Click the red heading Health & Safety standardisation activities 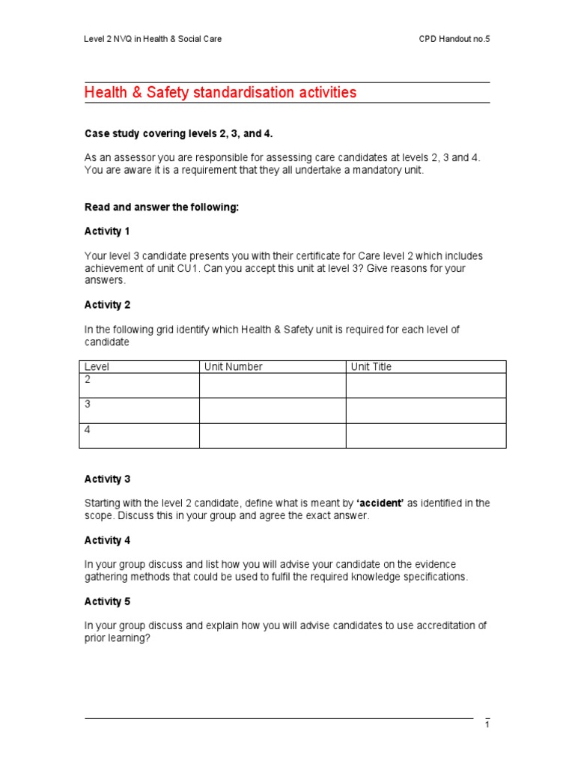tap(220, 93)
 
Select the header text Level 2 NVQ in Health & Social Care tap(153, 39)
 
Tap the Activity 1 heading tap(107, 231)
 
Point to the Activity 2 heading tap(107, 305)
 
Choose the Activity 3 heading tap(107, 479)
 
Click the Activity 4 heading tap(107, 540)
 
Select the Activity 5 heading tap(107, 601)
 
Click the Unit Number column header tap(234, 367)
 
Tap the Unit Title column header tap(371, 367)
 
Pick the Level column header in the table tap(97, 367)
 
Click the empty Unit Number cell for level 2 tap(272, 386)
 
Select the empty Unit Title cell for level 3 tap(425, 410)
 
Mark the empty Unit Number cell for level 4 tap(272, 435)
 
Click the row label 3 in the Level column tap(88, 404)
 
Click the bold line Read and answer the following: tap(161, 207)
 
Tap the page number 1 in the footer tap(487, 724)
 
